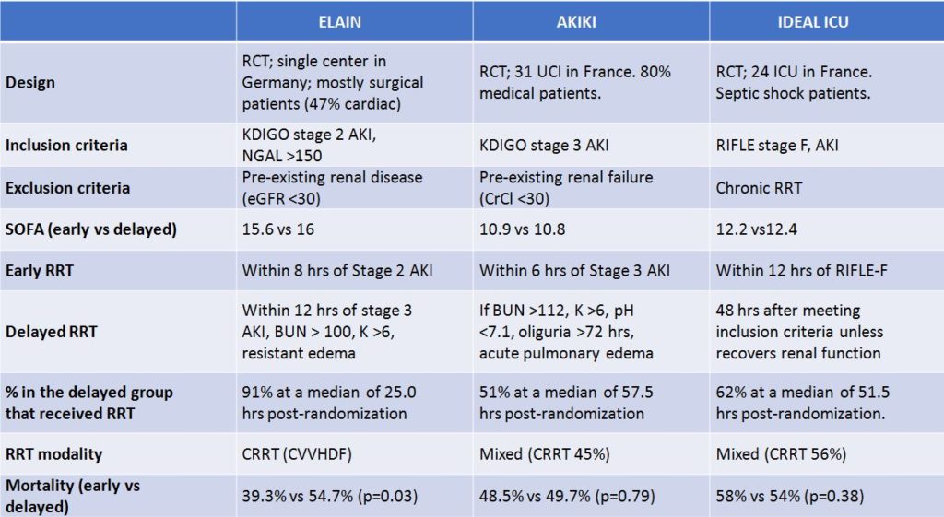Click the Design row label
pos(30,82)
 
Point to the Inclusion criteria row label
pos(66,146)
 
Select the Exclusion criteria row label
pos(68,188)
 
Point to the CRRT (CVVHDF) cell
pos(302,453)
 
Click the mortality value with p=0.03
pos(329,496)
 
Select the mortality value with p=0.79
pos(567,496)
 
